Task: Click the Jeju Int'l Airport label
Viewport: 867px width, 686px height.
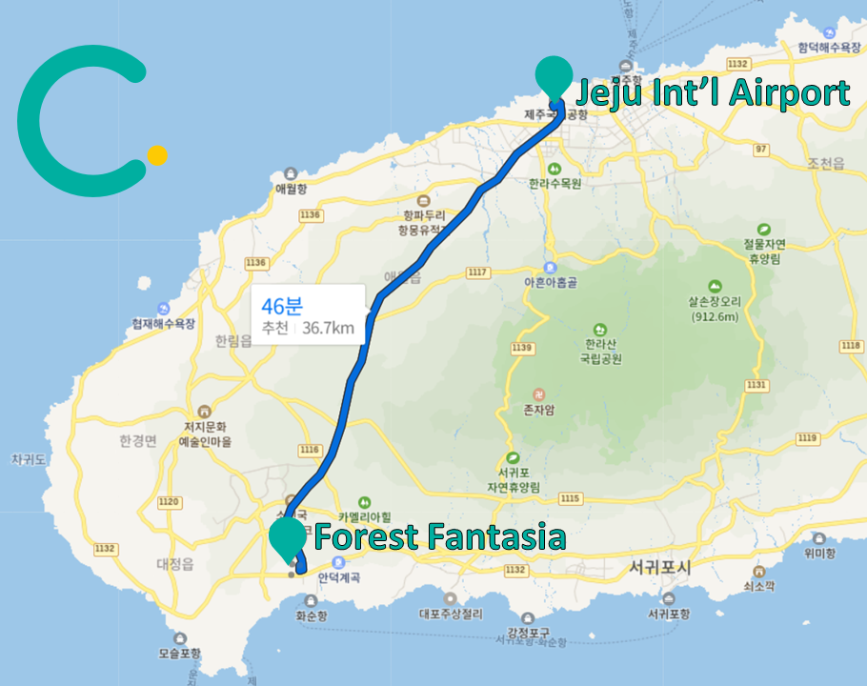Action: pos(712,93)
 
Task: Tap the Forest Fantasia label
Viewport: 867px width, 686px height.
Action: pos(439,536)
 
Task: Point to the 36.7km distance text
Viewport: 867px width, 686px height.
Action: pos(328,330)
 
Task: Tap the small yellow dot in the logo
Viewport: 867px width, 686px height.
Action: pos(158,155)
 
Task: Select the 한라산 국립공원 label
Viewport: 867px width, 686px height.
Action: pos(598,352)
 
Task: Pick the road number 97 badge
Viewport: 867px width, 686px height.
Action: pos(759,150)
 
